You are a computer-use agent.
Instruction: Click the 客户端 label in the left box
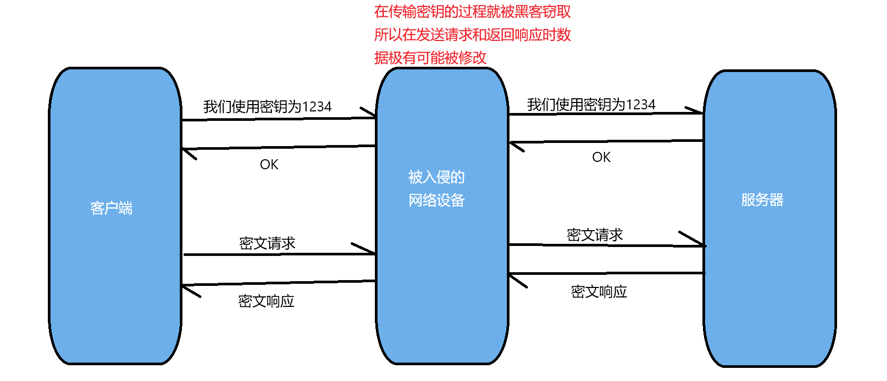click(x=111, y=209)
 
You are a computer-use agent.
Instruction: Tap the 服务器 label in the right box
click(x=762, y=200)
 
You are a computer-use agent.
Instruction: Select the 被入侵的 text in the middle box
click(x=436, y=177)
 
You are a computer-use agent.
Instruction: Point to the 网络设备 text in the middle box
click(x=436, y=200)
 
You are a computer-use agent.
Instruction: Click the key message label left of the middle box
click(x=267, y=107)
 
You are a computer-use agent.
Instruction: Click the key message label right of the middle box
click(x=591, y=105)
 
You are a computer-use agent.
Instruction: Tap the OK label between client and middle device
click(x=269, y=164)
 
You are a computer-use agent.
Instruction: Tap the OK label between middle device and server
click(x=601, y=157)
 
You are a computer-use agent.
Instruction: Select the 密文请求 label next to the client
click(x=267, y=243)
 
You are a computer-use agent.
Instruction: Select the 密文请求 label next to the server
click(x=595, y=235)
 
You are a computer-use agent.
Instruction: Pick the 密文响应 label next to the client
click(x=266, y=301)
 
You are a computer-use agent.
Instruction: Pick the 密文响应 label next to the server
click(x=599, y=292)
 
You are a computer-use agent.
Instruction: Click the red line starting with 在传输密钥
click(x=472, y=12)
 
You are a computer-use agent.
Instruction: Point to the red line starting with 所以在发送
click(x=472, y=35)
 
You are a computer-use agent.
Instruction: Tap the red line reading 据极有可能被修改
click(x=430, y=58)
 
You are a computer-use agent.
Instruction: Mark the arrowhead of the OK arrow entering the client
click(x=186, y=152)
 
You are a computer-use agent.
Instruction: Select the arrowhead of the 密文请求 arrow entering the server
click(x=699, y=243)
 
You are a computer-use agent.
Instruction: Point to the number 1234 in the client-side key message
click(x=317, y=107)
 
